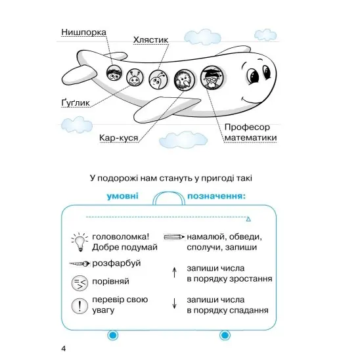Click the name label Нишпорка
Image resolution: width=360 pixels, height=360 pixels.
tap(83, 32)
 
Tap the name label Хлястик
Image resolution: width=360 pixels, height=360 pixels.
tap(151, 39)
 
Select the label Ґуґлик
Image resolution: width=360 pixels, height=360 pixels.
tap(76, 103)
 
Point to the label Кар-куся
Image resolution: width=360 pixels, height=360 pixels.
tap(119, 138)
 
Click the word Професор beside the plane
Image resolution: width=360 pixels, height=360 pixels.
tap(247, 127)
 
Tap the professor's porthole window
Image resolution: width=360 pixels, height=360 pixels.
tap(213, 78)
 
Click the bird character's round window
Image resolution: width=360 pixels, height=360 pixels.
tap(185, 79)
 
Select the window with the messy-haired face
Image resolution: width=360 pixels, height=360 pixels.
tap(114, 72)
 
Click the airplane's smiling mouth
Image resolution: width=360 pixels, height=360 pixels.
tap(252, 100)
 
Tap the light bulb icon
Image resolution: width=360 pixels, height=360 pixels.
tap(79, 242)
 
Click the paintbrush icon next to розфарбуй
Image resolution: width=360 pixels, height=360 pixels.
tap(79, 264)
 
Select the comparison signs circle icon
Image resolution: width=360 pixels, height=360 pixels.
tap(79, 283)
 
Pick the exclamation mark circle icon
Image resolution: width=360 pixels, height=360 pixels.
tap(79, 306)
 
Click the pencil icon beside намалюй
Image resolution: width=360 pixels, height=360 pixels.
tap(174, 237)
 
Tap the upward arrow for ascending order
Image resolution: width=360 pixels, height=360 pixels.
tap(175, 273)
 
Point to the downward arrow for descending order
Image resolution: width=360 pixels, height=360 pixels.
tap(175, 304)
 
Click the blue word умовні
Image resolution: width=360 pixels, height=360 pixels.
tap(123, 196)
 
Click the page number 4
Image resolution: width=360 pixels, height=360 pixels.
tap(64, 349)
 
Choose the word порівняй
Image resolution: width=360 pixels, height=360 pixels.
tap(110, 281)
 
